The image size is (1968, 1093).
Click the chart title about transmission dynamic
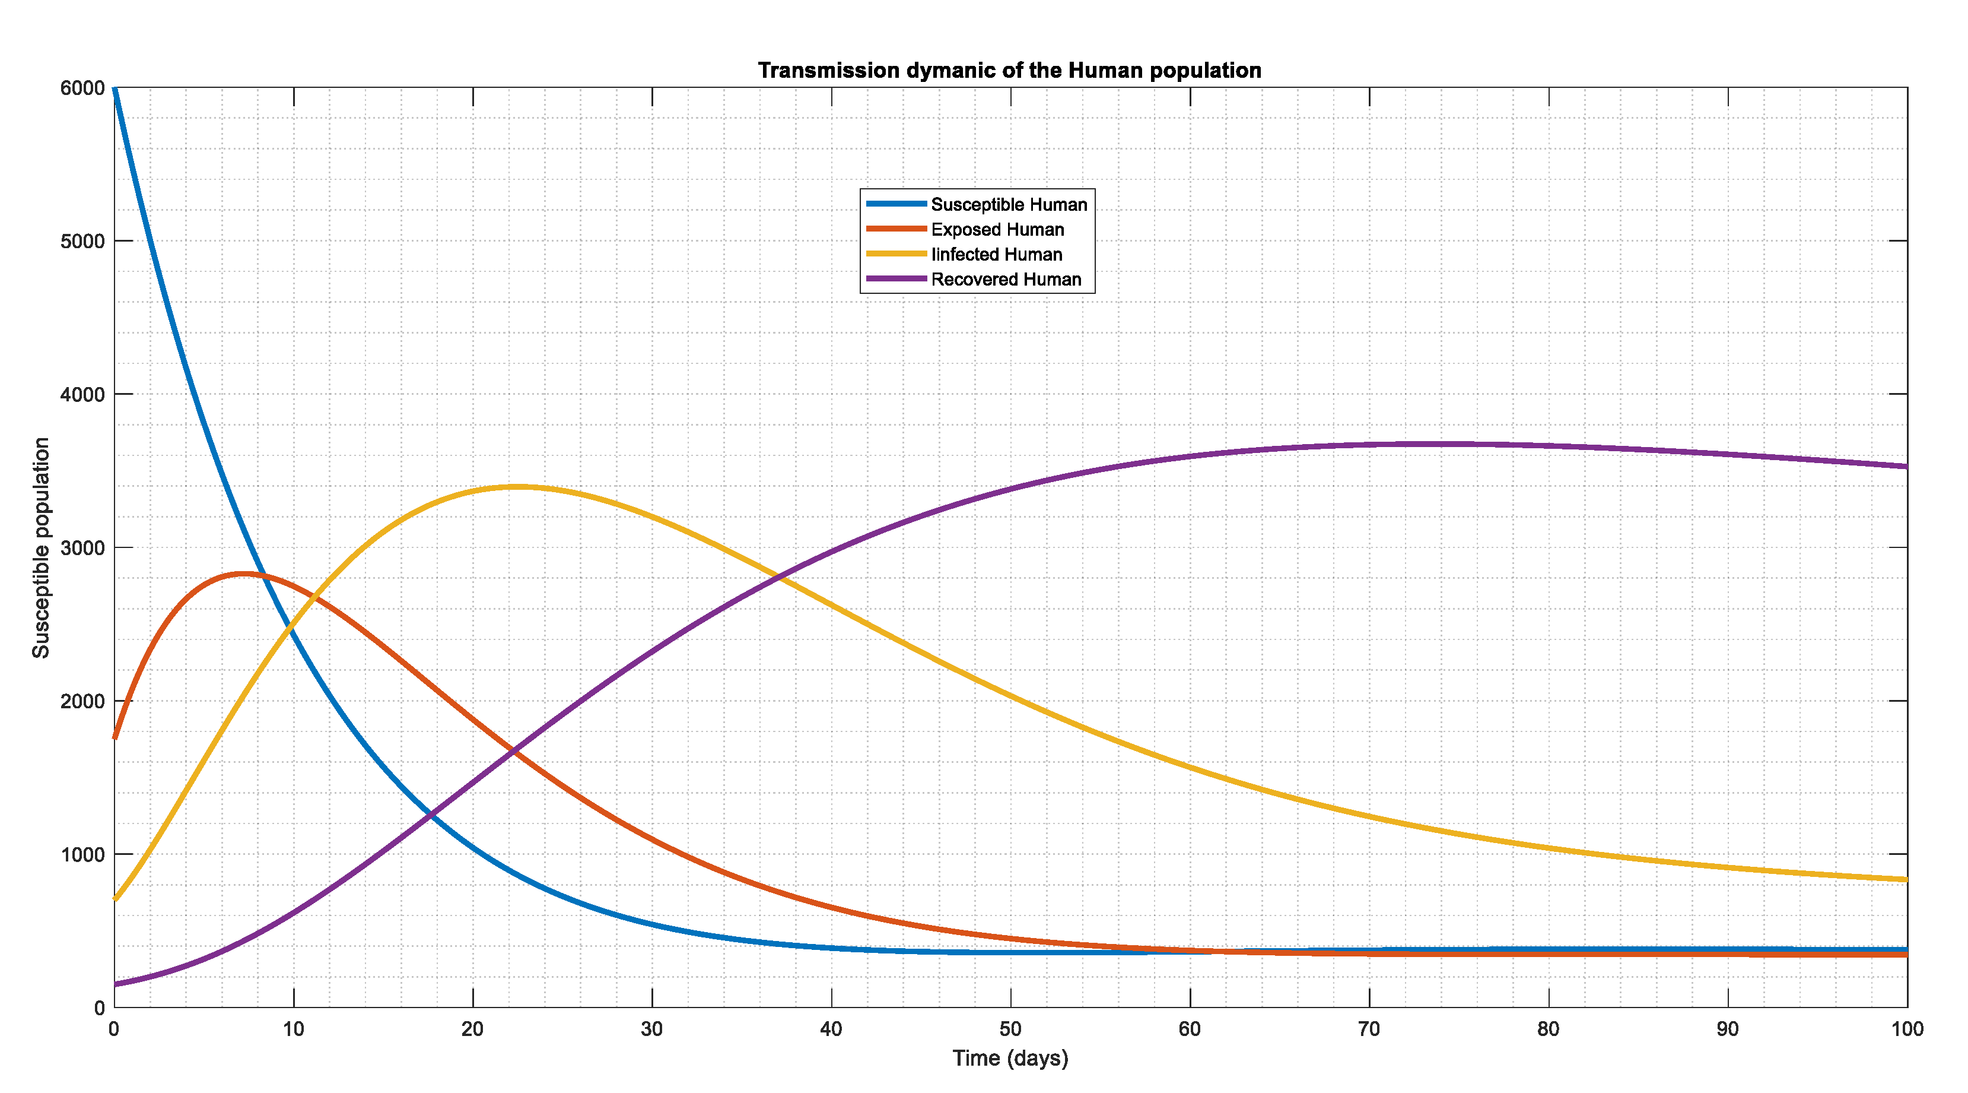click(x=1009, y=70)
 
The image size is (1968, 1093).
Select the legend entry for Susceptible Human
click(x=1009, y=205)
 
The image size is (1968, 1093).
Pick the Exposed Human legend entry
click(x=997, y=229)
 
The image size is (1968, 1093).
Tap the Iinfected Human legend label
click(x=996, y=255)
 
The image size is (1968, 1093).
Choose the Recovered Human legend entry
click(x=1006, y=280)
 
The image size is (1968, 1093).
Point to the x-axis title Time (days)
click(x=1010, y=1058)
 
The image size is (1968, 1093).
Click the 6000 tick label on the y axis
click(x=82, y=88)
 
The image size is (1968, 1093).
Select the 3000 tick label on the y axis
click(x=82, y=548)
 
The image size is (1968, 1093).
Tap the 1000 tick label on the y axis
click(x=82, y=854)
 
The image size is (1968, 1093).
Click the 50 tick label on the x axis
click(x=1010, y=1029)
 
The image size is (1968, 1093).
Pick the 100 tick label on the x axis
click(x=1907, y=1029)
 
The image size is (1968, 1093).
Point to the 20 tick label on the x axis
click(x=473, y=1029)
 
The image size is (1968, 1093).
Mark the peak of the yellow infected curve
click(x=517, y=486)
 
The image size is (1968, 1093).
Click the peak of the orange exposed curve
click(x=243, y=574)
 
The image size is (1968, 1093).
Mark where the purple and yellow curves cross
click(x=779, y=575)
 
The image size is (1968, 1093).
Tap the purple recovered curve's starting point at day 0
click(x=115, y=984)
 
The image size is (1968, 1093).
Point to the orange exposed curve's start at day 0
click(x=115, y=737)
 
